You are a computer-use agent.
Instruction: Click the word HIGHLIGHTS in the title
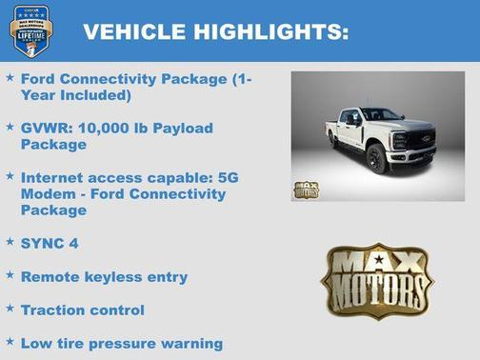(270, 31)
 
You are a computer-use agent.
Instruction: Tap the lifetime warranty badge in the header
(30, 30)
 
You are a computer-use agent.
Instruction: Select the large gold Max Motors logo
(377, 279)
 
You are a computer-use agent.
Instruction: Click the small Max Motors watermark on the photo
(306, 188)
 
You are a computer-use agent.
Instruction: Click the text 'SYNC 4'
(50, 243)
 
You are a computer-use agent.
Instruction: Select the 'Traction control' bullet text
(83, 310)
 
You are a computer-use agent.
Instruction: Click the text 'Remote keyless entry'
(104, 276)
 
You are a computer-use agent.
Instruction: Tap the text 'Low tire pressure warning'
(121, 343)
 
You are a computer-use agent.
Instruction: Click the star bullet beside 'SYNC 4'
(10, 242)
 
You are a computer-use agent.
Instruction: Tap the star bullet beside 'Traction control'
(10, 309)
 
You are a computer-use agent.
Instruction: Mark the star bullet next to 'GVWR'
(10, 127)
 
